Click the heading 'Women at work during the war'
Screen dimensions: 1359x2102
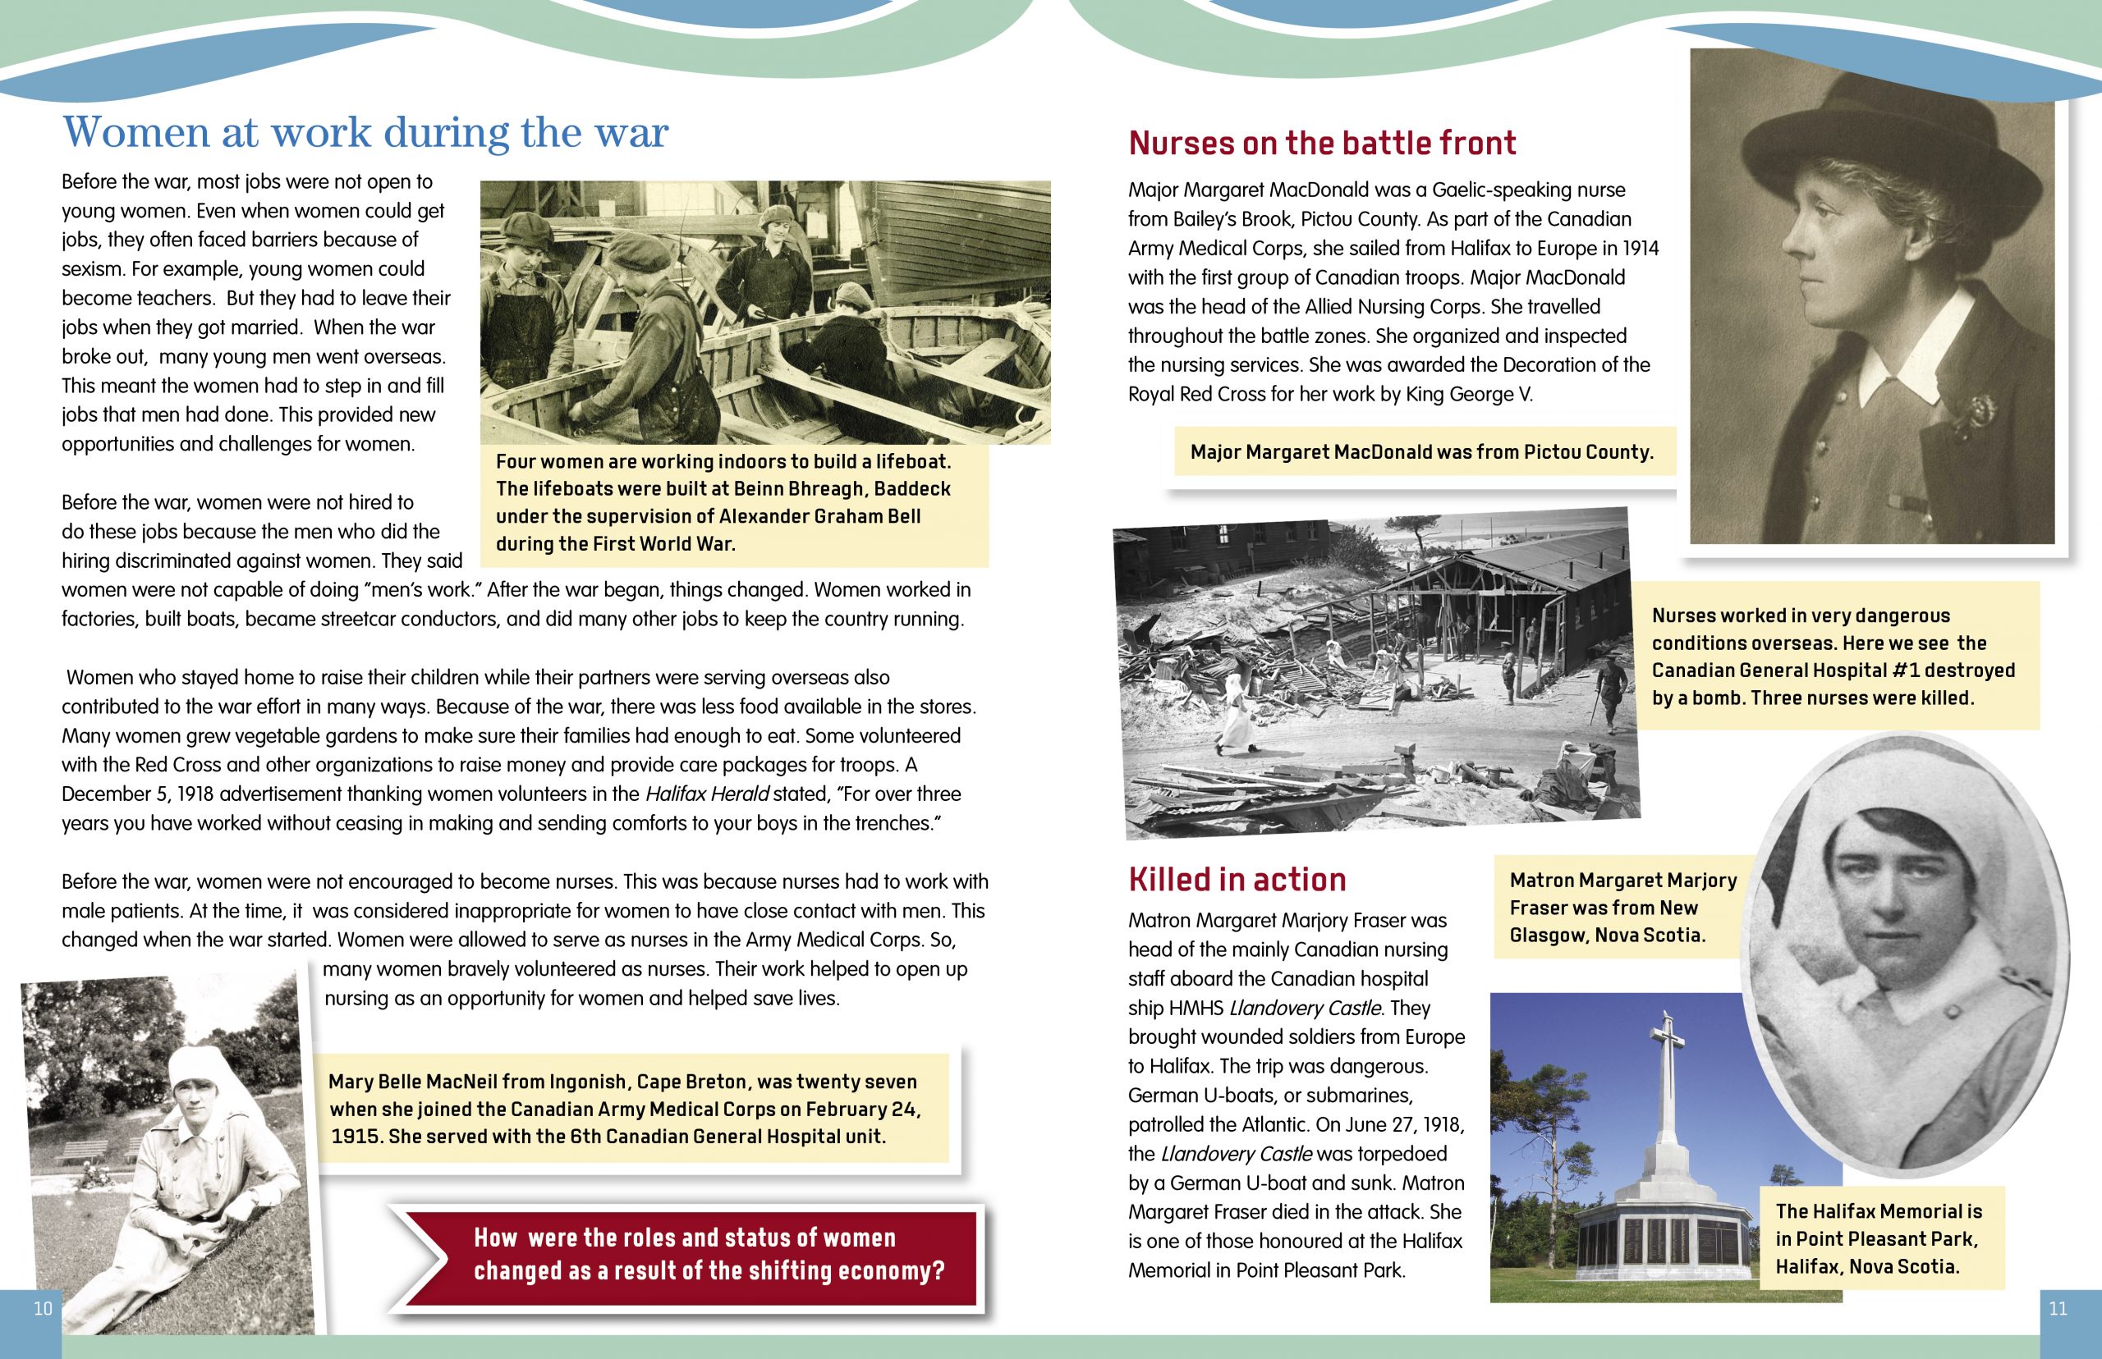click(x=365, y=133)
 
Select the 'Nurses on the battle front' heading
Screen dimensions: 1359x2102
click(x=1322, y=143)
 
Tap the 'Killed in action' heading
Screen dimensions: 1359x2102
click(x=1237, y=880)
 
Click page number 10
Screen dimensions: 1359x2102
click(x=44, y=1309)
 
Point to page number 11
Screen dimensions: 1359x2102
click(x=2058, y=1309)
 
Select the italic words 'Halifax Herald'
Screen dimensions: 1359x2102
click(x=707, y=794)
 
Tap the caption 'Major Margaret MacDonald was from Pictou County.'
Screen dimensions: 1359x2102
click(x=1421, y=453)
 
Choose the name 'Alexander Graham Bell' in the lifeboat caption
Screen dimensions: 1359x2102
click(x=819, y=516)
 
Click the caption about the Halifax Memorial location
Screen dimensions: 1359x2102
click(x=1879, y=1239)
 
